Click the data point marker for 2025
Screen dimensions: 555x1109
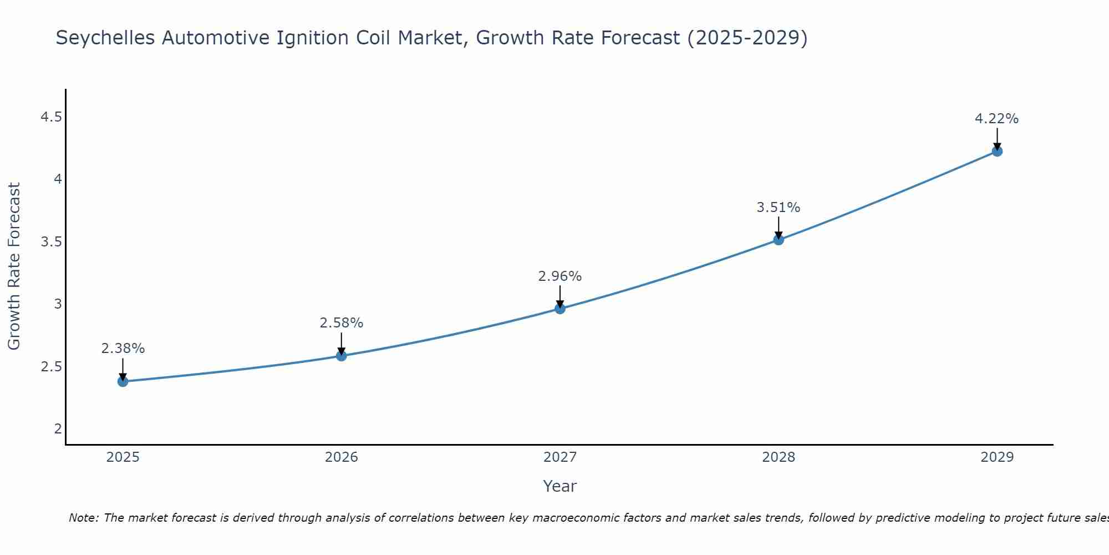pyautogui.click(x=123, y=381)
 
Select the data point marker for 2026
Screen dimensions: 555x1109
pyautogui.click(x=342, y=356)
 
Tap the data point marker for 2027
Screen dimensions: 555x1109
pyautogui.click(x=560, y=309)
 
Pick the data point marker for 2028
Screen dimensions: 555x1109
pyautogui.click(x=779, y=240)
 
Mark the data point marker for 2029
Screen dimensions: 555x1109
pyautogui.click(x=997, y=151)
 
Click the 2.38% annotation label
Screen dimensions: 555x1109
pyautogui.click(x=123, y=349)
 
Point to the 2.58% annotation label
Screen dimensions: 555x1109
pyautogui.click(x=342, y=323)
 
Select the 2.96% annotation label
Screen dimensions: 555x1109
pyautogui.click(x=560, y=276)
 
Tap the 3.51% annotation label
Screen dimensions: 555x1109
pyautogui.click(x=779, y=208)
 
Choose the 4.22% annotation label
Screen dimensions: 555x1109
pyautogui.click(x=997, y=119)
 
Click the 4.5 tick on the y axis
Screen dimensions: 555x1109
pyautogui.click(x=51, y=117)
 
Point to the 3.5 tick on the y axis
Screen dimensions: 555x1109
pyautogui.click(x=51, y=242)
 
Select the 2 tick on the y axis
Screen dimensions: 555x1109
pyautogui.click(x=58, y=429)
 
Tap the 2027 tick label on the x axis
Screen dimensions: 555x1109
pyautogui.click(x=560, y=457)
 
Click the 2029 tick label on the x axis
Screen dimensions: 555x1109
pyautogui.click(x=997, y=457)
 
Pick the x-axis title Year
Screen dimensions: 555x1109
pyautogui.click(x=560, y=486)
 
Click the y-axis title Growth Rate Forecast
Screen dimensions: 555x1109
pyautogui.click(x=14, y=266)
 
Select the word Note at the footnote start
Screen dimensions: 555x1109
pyautogui.click(x=83, y=518)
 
